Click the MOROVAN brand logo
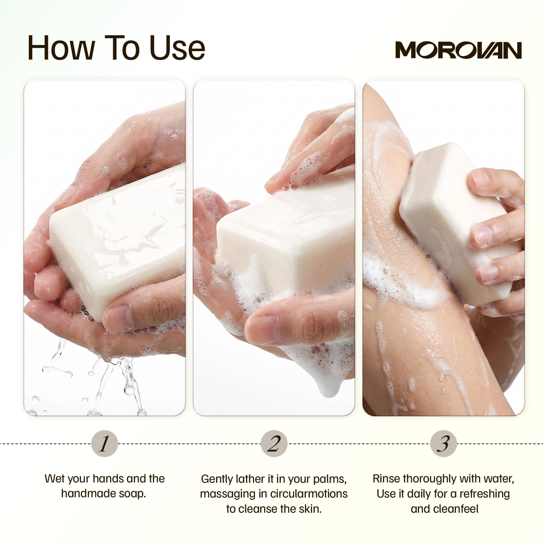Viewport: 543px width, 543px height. (x=458, y=50)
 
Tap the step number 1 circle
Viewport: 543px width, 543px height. (x=104, y=443)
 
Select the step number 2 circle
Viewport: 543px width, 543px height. (x=274, y=443)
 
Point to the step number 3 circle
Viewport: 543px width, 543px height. (x=443, y=443)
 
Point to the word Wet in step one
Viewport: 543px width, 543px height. (x=54, y=478)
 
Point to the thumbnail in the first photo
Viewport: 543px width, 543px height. (x=117, y=316)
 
